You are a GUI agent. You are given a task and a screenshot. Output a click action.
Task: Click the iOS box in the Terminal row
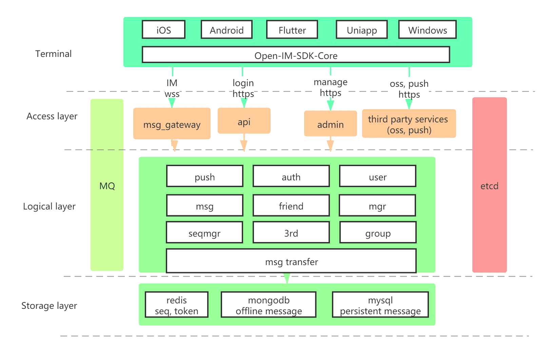(163, 30)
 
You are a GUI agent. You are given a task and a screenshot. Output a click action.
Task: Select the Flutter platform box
(292, 30)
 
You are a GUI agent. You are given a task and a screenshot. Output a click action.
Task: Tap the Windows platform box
(427, 30)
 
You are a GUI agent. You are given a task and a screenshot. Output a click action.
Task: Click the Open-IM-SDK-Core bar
(296, 55)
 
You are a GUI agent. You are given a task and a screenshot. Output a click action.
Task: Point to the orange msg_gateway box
(172, 124)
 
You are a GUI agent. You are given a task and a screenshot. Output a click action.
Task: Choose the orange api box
(244, 121)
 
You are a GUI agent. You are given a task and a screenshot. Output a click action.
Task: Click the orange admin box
(330, 124)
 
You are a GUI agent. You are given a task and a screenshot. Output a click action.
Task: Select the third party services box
(409, 124)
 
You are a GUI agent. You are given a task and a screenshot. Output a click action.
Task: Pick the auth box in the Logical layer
(291, 176)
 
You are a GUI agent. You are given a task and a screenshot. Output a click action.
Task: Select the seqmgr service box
(204, 233)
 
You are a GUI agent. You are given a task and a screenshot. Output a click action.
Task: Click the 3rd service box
(291, 233)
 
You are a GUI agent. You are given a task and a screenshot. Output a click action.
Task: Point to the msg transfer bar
(291, 261)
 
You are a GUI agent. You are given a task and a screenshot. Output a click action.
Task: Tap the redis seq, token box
(176, 305)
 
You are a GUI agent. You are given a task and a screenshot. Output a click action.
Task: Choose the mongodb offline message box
(269, 305)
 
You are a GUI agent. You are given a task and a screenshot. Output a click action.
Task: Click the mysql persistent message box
(380, 305)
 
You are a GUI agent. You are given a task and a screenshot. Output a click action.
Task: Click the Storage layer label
(49, 305)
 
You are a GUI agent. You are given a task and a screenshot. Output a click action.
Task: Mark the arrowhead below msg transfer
(287, 278)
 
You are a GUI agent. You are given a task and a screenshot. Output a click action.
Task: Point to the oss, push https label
(409, 89)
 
